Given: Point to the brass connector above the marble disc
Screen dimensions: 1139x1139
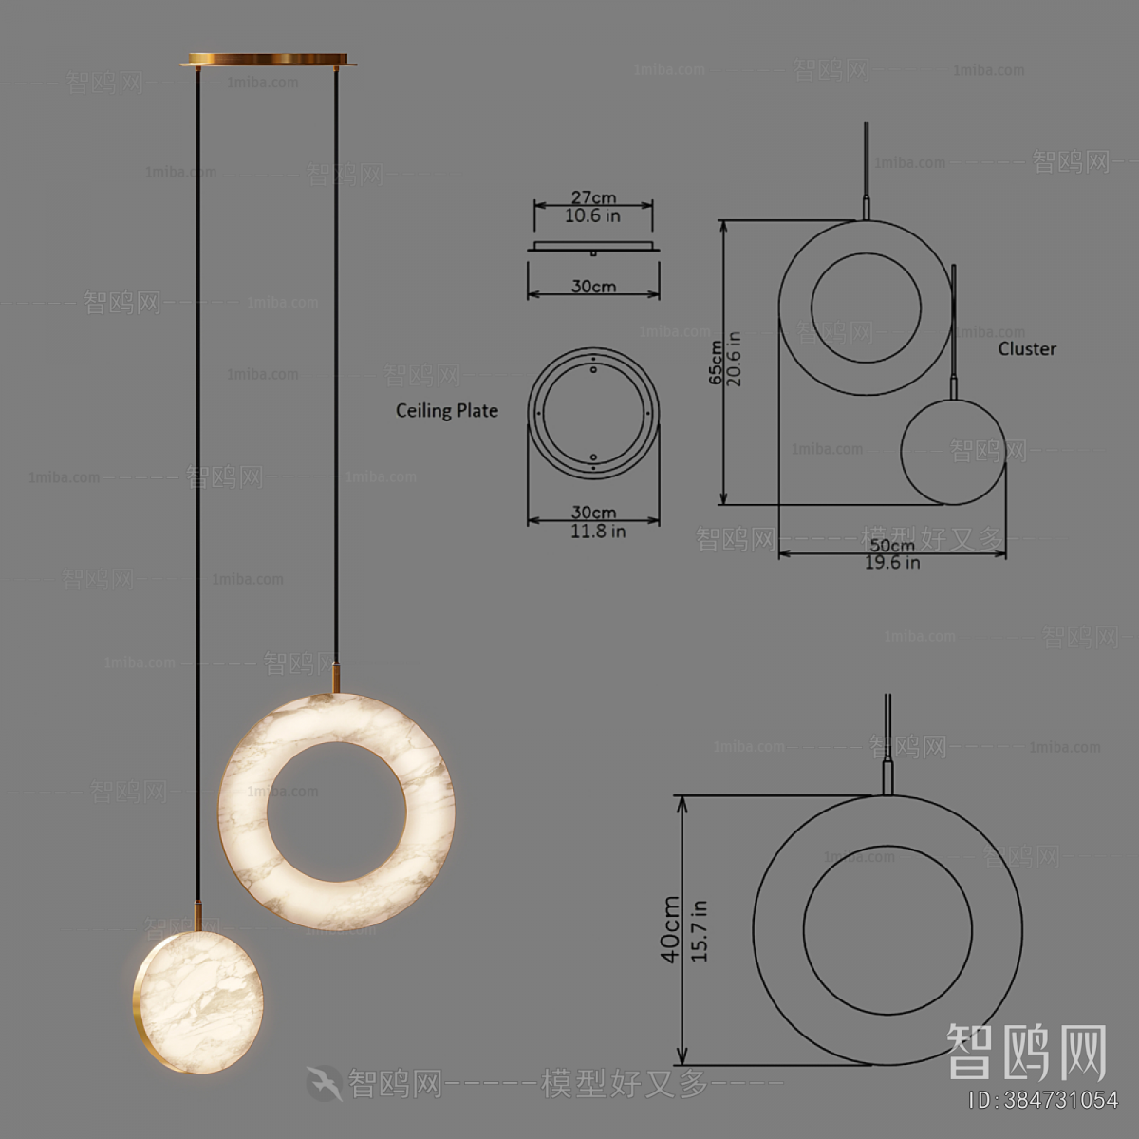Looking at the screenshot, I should tap(197, 916).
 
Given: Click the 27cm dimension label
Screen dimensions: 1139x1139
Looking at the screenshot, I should tap(593, 197).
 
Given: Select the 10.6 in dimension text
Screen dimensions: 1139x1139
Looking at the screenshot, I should tap(593, 216).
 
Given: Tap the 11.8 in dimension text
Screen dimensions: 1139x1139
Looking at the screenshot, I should tap(597, 532).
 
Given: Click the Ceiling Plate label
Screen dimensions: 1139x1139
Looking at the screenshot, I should tap(447, 411).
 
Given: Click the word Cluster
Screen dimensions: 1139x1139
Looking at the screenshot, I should tap(1027, 348).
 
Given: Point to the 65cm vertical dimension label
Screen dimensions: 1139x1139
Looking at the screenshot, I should tap(716, 363).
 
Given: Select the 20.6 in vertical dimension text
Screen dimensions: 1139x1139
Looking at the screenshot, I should tap(734, 359).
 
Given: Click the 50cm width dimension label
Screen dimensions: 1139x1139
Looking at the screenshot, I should tap(892, 545).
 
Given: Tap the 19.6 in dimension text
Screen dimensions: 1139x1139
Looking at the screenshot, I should tap(892, 563).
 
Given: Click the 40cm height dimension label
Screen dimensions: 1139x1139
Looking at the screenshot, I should tap(671, 930).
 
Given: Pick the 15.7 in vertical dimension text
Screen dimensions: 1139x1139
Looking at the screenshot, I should tap(700, 931).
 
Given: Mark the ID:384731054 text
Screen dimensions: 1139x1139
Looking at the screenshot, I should tap(1042, 1100).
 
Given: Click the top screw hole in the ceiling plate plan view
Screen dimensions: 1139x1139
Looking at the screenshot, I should tap(594, 368).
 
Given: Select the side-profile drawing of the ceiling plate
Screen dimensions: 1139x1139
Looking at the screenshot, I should tap(593, 248).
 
